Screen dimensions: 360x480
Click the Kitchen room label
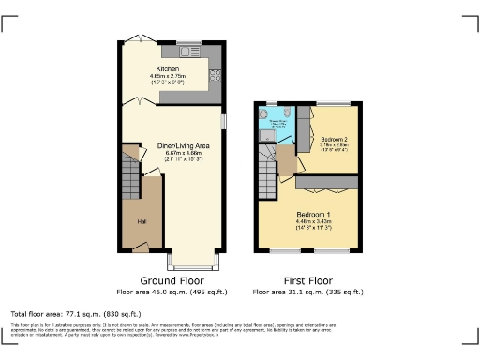167,68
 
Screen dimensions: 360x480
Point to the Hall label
142,221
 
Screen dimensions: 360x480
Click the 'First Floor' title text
308,281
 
